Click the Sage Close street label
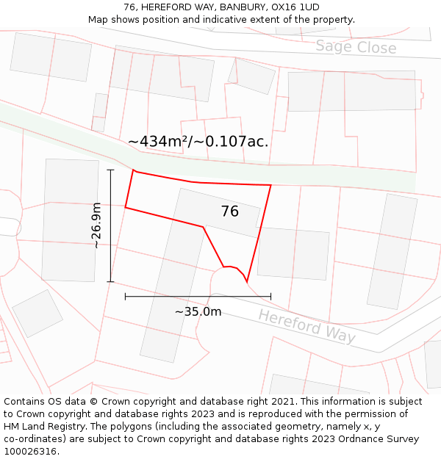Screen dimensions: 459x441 (356, 48)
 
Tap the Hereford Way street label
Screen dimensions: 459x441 (306, 327)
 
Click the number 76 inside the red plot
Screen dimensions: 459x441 (229, 212)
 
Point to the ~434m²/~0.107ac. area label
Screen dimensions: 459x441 (198, 142)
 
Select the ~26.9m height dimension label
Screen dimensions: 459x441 (97, 225)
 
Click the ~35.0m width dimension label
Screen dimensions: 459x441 (198, 311)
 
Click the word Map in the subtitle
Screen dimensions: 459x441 (98, 20)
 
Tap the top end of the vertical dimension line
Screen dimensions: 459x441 (111, 170)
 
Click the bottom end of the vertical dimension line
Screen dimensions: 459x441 (111, 281)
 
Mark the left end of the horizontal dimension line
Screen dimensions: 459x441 (126, 297)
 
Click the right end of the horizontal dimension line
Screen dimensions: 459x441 (270, 297)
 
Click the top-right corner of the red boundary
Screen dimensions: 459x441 (270, 185)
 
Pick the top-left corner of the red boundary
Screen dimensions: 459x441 (134, 172)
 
